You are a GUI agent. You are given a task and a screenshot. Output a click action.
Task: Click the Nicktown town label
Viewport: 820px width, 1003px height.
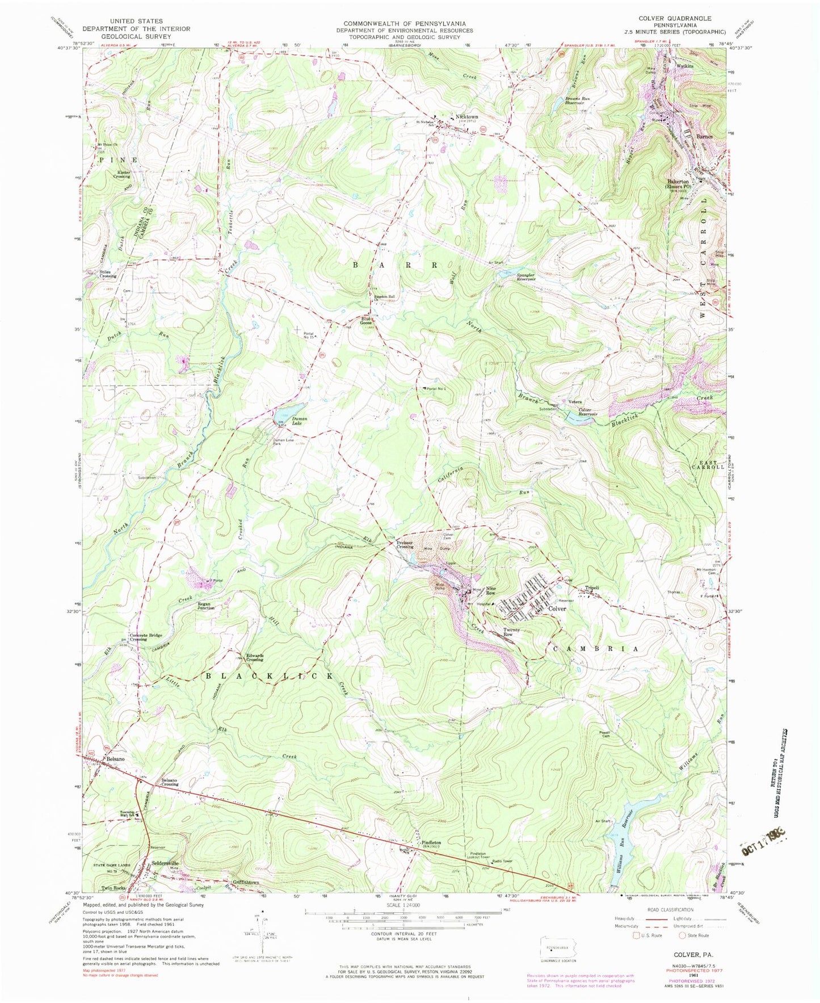click(x=467, y=117)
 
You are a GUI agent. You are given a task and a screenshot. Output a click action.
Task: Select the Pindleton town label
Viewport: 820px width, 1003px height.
click(x=432, y=842)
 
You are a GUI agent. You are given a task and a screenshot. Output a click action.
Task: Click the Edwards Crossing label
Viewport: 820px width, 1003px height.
click(x=254, y=657)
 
